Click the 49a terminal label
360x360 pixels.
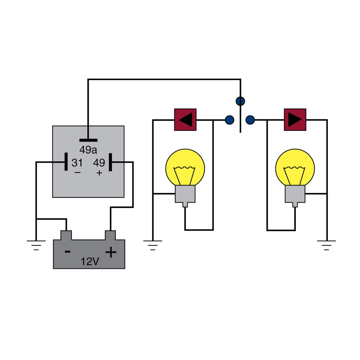pyautogui.click(x=88, y=149)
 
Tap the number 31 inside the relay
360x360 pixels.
pyautogui.click(x=77, y=163)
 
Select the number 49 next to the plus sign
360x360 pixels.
pyautogui.click(x=99, y=163)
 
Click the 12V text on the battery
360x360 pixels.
pyautogui.click(x=90, y=262)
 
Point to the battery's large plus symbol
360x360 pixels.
pyautogui.click(x=111, y=252)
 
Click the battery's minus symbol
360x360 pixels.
pyautogui.click(x=68, y=251)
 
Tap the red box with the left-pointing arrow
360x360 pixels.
pyautogui.click(x=185, y=120)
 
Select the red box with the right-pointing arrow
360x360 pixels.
pyautogui.click(x=295, y=120)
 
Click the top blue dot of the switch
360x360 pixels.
pyautogui.click(x=240, y=101)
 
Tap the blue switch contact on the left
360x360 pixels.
pyautogui.click(x=229, y=120)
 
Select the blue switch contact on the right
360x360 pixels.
pyautogui.click(x=250, y=120)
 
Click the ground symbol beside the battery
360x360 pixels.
pyautogui.click(x=36, y=244)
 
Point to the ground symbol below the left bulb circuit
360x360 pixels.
pyautogui.click(x=153, y=244)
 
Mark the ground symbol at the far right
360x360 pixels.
pyautogui.click(x=326, y=244)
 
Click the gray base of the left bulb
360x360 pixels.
pyautogui.click(x=185, y=194)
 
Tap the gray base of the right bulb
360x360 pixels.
pyautogui.click(x=295, y=194)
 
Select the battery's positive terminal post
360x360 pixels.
pyautogui.click(x=110, y=235)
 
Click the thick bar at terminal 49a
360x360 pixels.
pyautogui.click(x=88, y=140)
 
